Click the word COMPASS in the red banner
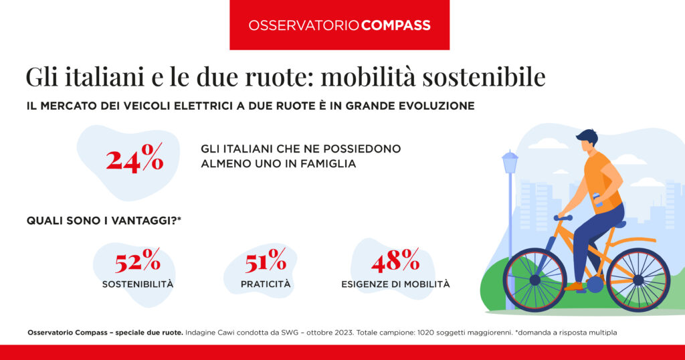[396, 25]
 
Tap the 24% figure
[135, 157]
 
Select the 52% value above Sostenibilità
[138, 260]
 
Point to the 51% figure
[266, 260]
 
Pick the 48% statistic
[395, 260]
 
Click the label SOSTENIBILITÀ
[138, 284]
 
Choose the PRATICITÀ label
[266, 284]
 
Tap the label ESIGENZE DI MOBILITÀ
[395, 284]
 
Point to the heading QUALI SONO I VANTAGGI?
[104, 221]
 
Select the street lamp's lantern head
[510, 162]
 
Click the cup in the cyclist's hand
[597, 199]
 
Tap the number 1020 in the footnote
[425, 333]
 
